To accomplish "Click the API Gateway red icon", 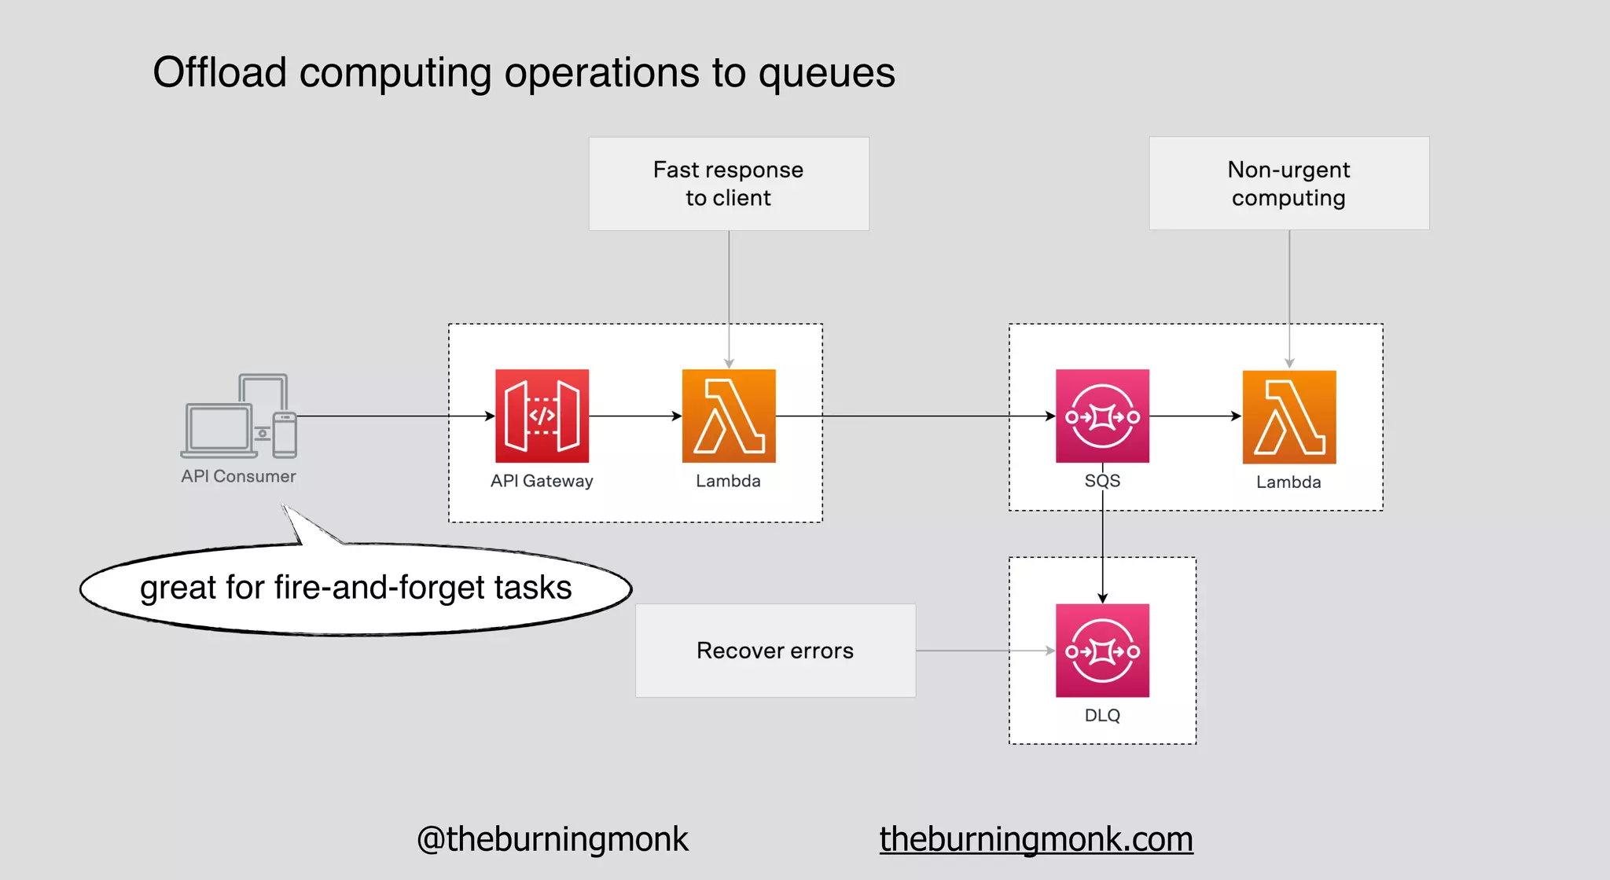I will (x=542, y=416).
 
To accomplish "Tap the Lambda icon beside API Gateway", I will (x=729, y=416).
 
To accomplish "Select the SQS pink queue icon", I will (x=1102, y=416).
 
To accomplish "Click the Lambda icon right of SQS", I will (x=1289, y=416).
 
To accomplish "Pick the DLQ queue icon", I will (x=1102, y=650).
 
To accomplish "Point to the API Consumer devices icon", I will (x=239, y=416).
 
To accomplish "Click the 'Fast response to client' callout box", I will (x=729, y=184).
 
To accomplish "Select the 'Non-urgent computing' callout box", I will (x=1289, y=184).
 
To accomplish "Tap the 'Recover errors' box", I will (x=775, y=651).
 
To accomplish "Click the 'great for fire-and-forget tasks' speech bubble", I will (x=355, y=588).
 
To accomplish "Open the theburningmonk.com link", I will (x=1036, y=839).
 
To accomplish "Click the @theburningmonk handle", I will (x=553, y=839).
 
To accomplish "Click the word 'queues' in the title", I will (x=826, y=74).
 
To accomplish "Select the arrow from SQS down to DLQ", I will (x=1102, y=550).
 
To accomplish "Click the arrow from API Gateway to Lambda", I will (x=635, y=416).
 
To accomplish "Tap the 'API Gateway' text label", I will (x=542, y=481).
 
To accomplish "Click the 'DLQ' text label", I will (x=1102, y=715).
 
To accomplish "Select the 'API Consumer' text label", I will (x=238, y=476).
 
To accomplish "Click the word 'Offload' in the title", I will (x=219, y=72).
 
